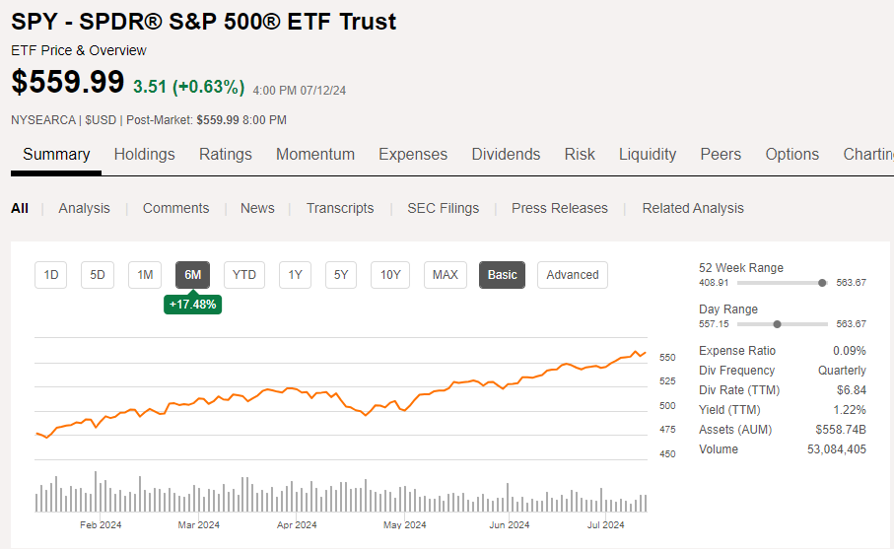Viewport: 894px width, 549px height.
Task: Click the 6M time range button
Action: pos(193,275)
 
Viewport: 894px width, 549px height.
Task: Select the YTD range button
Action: pos(244,275)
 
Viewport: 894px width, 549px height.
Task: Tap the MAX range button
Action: pos(446,275)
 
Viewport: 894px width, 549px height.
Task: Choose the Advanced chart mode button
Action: pos(573,275)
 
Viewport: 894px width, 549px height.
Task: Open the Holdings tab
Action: pos(144,154)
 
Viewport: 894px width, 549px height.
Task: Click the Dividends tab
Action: pos(506,154)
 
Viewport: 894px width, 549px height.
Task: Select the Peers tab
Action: pos(721,154)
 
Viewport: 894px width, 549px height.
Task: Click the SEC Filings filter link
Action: pos(443,208)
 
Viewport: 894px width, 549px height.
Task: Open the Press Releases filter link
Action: pos(560,208)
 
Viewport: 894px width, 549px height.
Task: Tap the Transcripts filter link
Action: pos(340,208)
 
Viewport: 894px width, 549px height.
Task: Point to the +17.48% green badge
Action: pos(193,305)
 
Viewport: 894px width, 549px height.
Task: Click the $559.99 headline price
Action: pos(68,83)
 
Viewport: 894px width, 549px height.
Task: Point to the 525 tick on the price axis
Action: pos(667,381)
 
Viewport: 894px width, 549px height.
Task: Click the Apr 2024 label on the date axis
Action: pos(297,525)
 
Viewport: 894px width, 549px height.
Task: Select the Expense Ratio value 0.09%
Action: pos(851,351)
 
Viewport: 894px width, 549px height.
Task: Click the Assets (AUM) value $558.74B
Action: pos(841,430)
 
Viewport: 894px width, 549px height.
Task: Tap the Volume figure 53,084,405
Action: pos(836,449)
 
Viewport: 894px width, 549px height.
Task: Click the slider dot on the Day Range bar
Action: pos(778,324)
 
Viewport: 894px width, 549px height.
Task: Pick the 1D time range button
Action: pos(50,275)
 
